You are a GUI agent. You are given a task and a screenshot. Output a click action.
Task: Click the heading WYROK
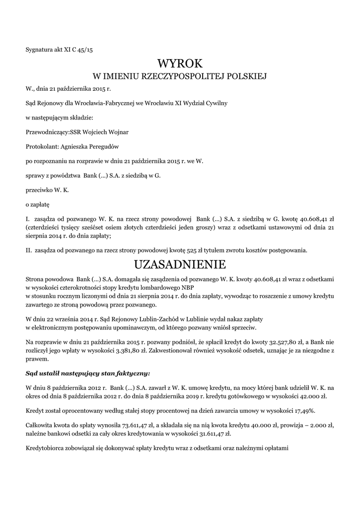(x=180, y=63)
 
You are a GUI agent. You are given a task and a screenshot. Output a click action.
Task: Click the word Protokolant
(x=42, y=146)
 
